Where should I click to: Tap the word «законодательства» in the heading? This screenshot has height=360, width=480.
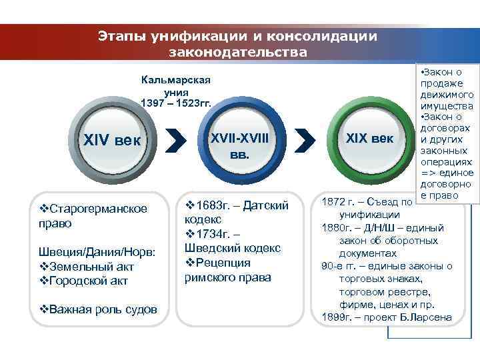[238, 51]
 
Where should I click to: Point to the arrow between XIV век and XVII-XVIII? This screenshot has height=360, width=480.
[174, 141]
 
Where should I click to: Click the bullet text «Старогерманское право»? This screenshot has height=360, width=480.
[97, 215]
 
